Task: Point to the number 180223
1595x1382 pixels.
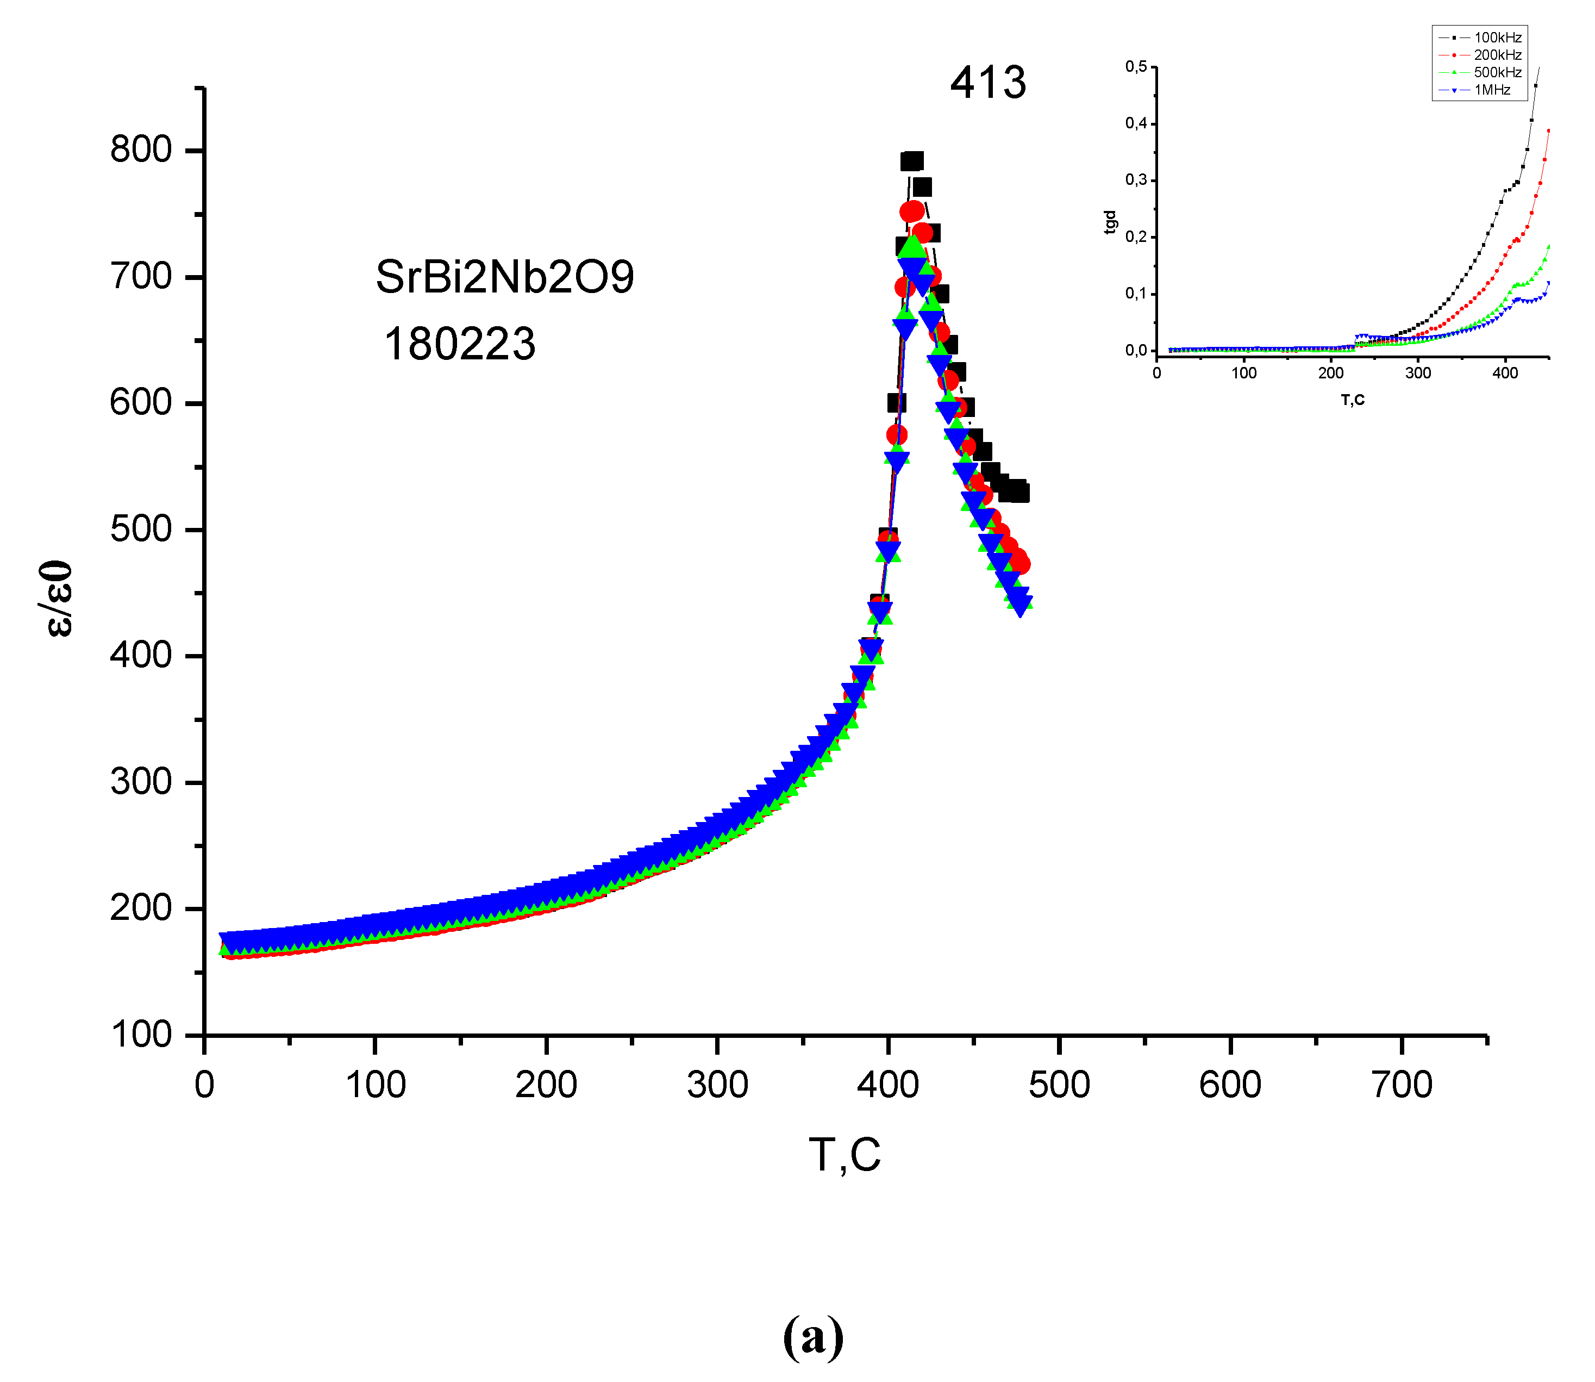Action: click(459, 344)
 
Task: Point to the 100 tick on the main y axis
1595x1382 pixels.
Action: click(141, 1034)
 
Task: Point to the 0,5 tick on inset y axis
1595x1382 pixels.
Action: click(1136, 67)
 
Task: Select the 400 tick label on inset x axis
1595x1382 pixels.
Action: click(1505, 374)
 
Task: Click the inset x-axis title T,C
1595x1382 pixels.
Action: click(1353, 400)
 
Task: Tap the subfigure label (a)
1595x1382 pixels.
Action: click(814, 1336)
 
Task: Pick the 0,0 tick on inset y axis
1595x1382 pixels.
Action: click(1136, 351)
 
